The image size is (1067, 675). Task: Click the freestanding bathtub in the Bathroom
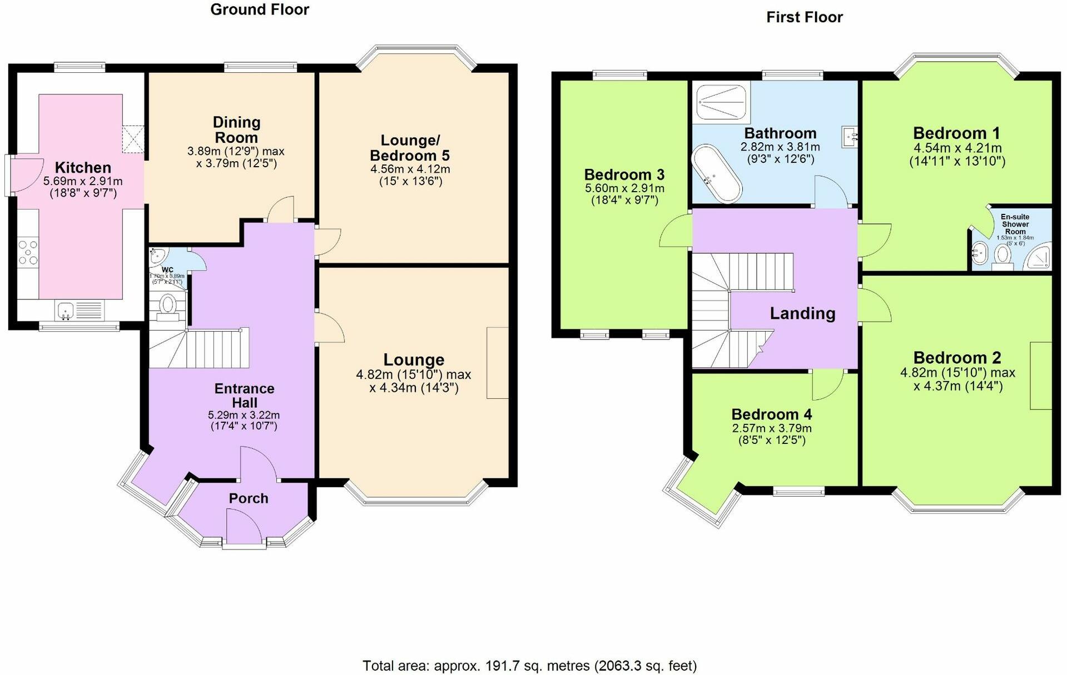[x=716, y=174]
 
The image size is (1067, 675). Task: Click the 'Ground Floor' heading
[x=260, y=9]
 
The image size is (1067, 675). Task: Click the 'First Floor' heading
[x=804, y=17]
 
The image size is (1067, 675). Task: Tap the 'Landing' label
[x=802, y=313]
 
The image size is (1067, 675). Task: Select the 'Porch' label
[x=249, y=498]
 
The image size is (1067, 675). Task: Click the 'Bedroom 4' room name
[x=771, y=414]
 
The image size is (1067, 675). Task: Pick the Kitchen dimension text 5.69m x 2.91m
[x=83, y=181]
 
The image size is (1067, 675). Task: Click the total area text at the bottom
[x=529, y=665]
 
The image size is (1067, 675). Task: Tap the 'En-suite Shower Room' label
[x=1015, y=224]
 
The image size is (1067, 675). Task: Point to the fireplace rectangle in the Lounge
[x=497, y=363]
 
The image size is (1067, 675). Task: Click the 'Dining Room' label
[x=236, y=129]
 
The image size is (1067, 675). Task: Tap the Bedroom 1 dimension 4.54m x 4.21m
[x=957, y=148]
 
